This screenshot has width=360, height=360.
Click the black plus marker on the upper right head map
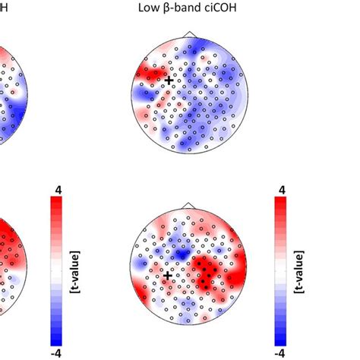pos(169,79)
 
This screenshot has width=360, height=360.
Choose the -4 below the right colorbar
pos(282,352)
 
